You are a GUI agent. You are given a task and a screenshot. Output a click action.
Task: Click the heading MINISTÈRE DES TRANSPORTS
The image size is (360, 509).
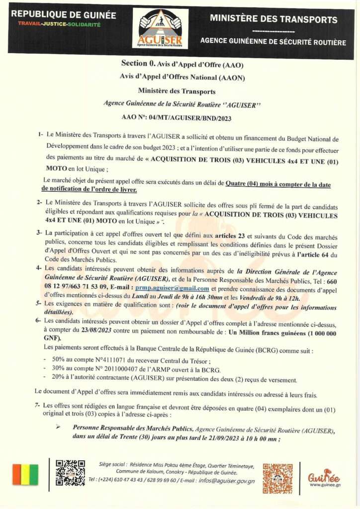pos(273,20)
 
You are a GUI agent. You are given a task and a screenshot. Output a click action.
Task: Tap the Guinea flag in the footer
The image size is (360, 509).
pos(25,475)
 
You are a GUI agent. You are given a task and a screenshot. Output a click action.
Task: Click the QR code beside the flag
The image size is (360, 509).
pos(70,473)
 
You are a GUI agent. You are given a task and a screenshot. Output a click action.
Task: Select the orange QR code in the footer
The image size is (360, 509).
pos(277,478)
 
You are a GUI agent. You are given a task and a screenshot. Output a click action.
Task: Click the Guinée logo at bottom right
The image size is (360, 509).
pos(324,475)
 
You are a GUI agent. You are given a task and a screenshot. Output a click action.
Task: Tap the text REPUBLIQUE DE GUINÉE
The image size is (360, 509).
pos(63,15)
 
